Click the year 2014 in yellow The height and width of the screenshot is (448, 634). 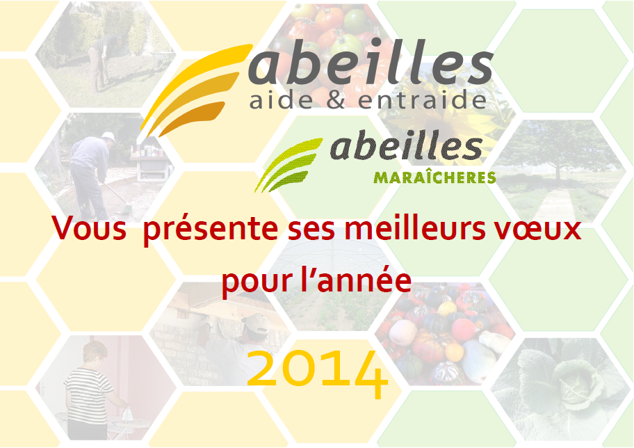[x=318, y=374]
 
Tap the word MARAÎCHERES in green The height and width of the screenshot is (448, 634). [x=434, y=177]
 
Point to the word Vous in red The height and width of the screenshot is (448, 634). [x=88, y=228]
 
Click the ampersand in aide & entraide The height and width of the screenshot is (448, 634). [x=335, y=100]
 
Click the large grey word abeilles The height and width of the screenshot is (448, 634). [x=371, y=62]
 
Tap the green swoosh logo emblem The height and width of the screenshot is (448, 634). [x=288, y=164]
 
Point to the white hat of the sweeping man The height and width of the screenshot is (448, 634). [x=108, y=137]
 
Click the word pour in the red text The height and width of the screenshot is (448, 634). [x=257, y=282]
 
